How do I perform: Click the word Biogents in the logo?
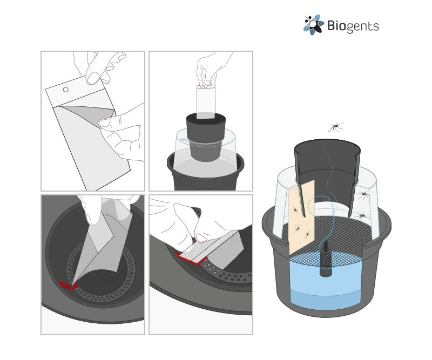pos(353,26)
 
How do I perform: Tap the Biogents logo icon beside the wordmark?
pos(314,25)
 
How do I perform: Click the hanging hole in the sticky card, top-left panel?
pos(65,90)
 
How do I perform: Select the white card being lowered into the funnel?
pos(206,102)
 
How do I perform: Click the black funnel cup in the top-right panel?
pos(206,137)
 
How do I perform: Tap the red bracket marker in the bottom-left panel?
pos(68,286)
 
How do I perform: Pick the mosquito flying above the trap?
pos(335,127)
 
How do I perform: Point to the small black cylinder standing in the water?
pos(326,259)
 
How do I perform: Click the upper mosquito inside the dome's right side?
pos(363,195)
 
